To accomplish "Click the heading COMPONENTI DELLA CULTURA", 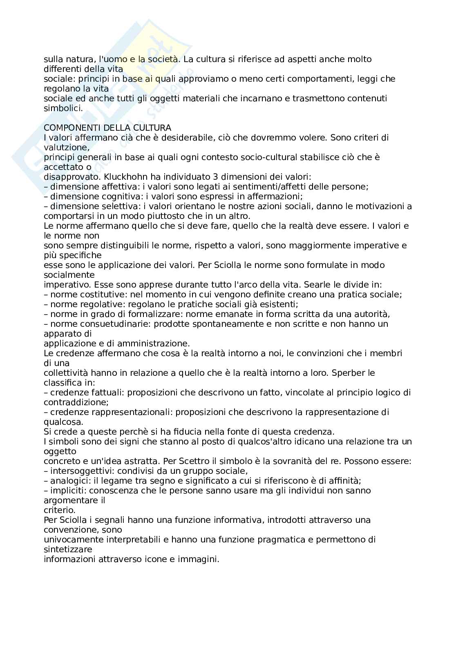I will pos(107,128).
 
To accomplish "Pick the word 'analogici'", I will pos(67,481).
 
